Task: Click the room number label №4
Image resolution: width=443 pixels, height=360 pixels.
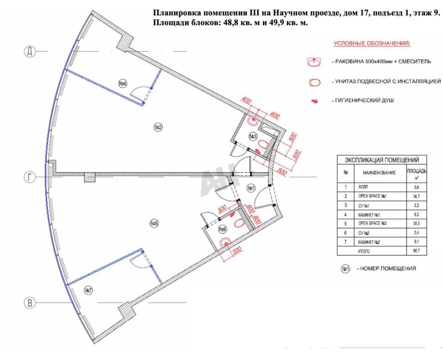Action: pyautogui.click(x=123, y=84)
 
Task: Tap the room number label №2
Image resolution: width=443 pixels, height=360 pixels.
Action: pyautogui.click(x=158, y=127)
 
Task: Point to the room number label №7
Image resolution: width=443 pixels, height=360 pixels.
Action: pyautogui.click(x=88, y=290)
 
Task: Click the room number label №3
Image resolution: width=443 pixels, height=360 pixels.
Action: pyautogui.click(x=253, y=137)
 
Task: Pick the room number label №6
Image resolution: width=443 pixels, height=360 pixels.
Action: pyautogui.click(x=222, y=229)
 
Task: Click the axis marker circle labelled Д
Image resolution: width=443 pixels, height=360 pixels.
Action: pyautogui.click(x=30, y=51)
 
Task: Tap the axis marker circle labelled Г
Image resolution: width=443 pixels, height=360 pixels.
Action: pyautogui.click(x=30, y=177)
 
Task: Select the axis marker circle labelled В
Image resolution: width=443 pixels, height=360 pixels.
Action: pyautogui.click(x=30, y=303)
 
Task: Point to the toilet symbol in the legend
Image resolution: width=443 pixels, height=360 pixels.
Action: pyautogui.click(x=315, y=82)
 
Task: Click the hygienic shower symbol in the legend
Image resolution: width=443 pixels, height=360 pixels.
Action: pyautogui.click(x=314, y=101)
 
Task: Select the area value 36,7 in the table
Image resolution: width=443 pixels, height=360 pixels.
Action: pyautogui.click(x=417, y=196)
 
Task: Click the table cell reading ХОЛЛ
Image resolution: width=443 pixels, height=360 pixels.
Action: pyautogui.click(x=363, y=187)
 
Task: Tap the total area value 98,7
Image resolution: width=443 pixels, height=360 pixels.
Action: pyautogui.click(x=417, y=251)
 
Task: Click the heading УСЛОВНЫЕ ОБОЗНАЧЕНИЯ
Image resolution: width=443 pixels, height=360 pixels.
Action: pyautogui.click(x=372, y=44)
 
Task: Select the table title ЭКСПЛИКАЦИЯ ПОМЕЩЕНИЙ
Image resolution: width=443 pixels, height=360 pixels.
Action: pyautogui.click(x=382, y=160)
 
